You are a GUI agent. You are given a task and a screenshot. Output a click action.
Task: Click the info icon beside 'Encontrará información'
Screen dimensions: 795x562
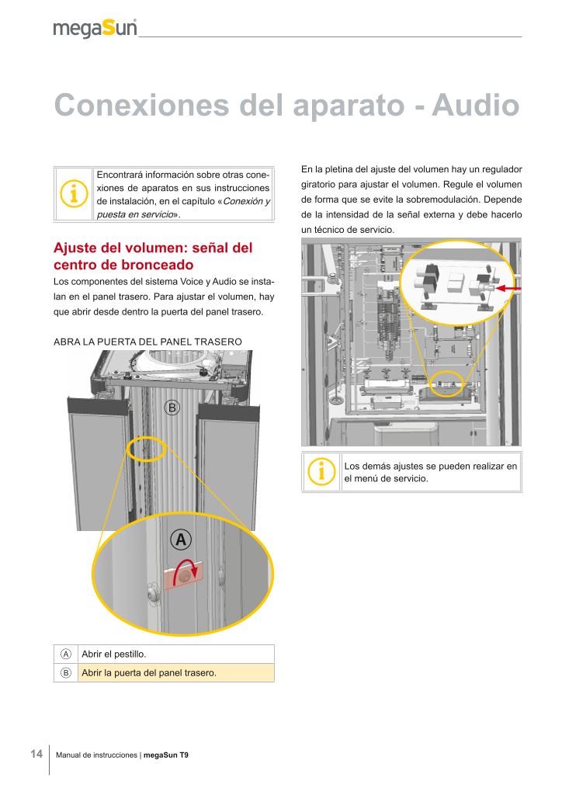tap(74, 194)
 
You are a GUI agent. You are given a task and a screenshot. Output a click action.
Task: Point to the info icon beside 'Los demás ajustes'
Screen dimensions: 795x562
tap(321, 471)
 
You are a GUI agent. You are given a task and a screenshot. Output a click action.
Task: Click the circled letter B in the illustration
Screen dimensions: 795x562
tap(172, 408)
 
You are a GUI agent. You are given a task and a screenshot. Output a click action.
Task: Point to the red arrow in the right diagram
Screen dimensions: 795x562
tap(508, 289)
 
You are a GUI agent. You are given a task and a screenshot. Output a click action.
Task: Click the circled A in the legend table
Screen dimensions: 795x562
tap(66, 654)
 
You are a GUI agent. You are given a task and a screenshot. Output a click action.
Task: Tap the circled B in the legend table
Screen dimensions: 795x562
tap(66, 672)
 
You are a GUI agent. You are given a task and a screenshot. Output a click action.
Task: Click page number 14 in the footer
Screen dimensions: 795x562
tap(36, 754)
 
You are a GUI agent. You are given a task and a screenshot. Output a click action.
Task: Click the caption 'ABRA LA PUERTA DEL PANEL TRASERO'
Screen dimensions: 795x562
tap(147, 342)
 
